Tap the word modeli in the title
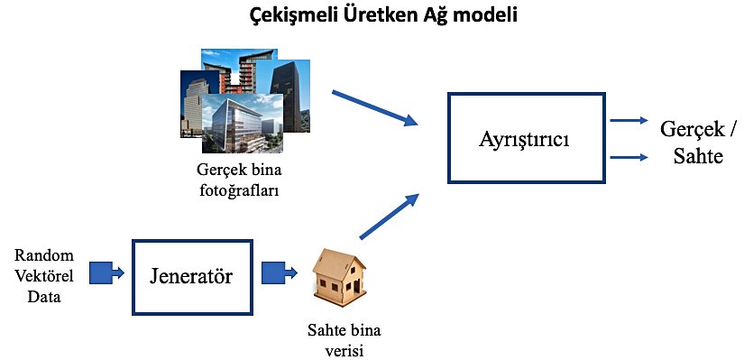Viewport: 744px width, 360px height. click(x=485, y=15)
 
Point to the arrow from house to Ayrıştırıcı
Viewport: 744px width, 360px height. click(x=390, y=216)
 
